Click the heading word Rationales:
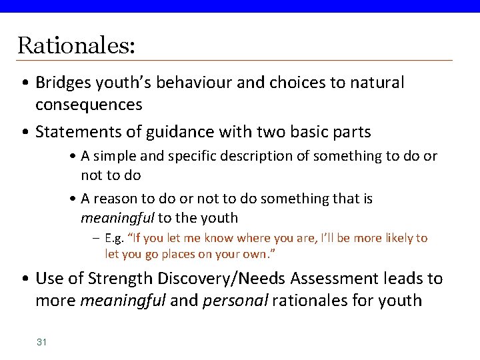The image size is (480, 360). click(x=76, y=45)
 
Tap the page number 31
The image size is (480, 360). click(x=41, y=342)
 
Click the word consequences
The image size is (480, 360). click(x=89, y=104)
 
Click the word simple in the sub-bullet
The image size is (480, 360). click(x=116, y=156)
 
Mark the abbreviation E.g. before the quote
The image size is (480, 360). click(x=115, y=238)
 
